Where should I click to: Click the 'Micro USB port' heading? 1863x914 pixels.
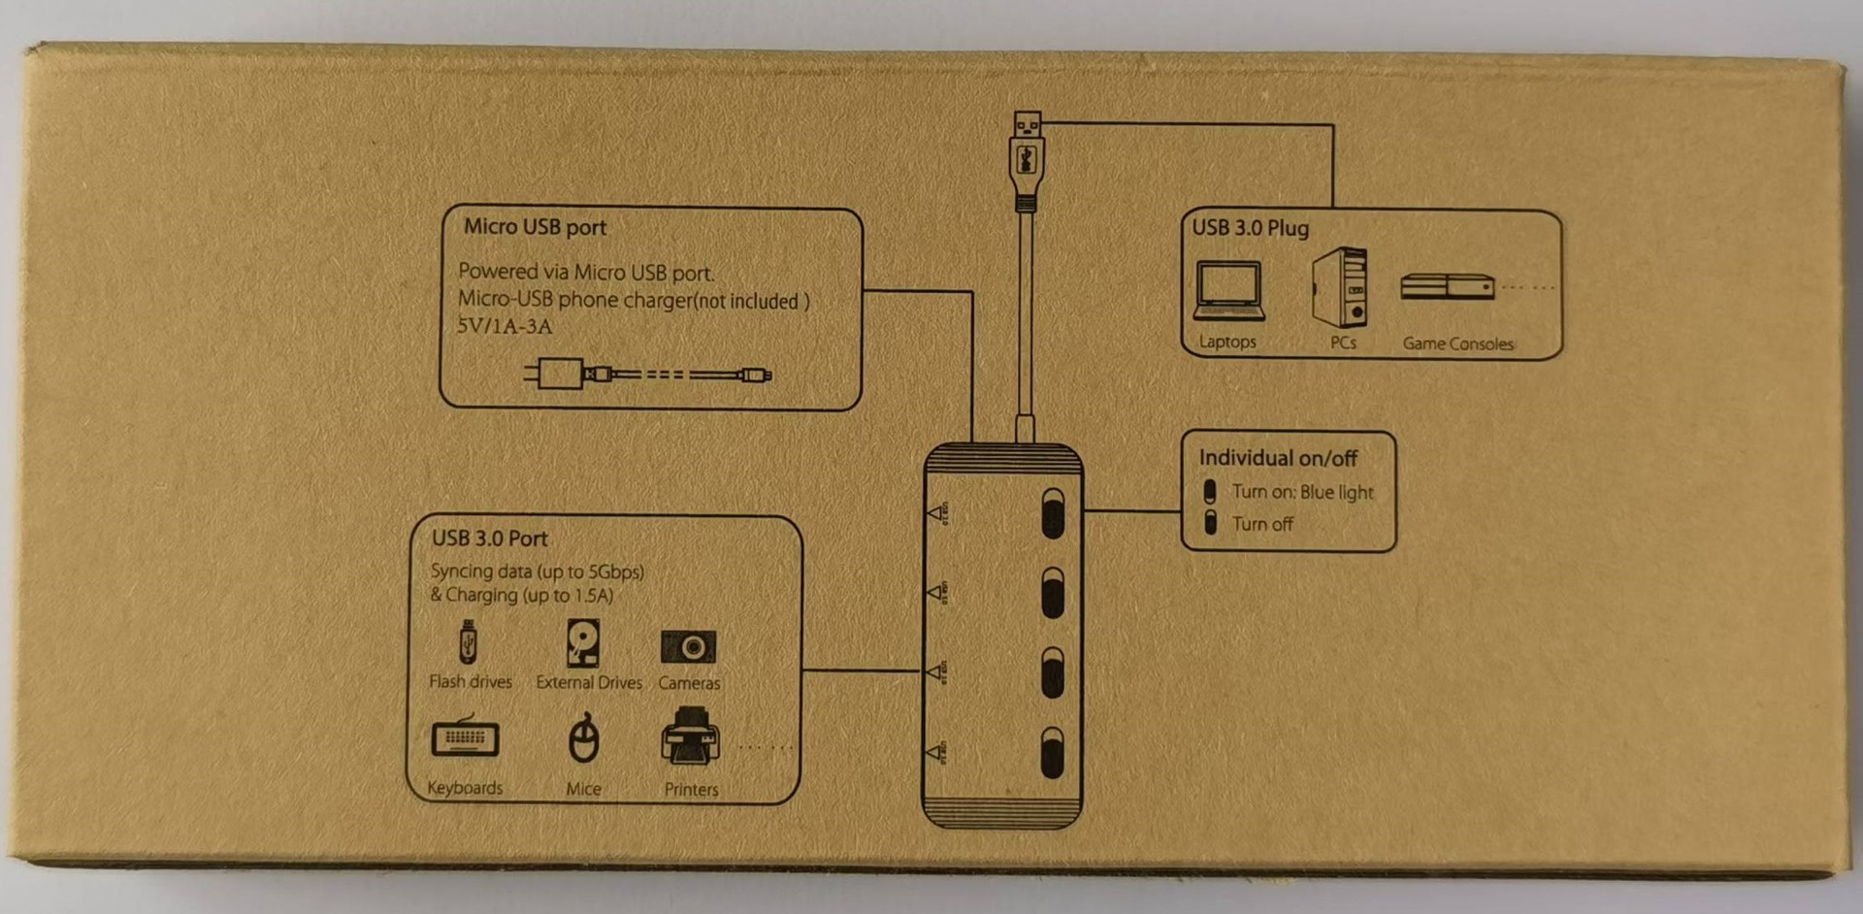click(535, 227)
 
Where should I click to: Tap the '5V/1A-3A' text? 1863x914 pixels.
click(505, 326)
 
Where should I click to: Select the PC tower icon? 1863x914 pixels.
click(1340, 287)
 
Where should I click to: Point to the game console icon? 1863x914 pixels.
click(1447, 287)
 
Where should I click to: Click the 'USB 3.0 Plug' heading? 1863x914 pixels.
click(1250, 228)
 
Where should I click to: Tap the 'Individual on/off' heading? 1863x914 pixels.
click(1278, 458)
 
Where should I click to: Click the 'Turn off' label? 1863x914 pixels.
click(1262, 524)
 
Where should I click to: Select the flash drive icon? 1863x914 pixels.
click(468, 642)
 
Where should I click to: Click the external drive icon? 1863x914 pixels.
click(582, 643)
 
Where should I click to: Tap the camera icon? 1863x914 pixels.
click(688, 646)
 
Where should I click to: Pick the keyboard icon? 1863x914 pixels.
click(466, 738)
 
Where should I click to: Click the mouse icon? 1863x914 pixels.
click(583, 739)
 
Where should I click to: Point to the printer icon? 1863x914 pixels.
click(690, 737)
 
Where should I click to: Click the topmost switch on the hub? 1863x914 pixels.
click(1053, 513)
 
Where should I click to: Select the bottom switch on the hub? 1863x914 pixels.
click(1053, 753)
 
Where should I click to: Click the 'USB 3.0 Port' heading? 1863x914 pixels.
click(489, 539)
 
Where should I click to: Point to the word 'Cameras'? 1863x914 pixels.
click(689, 683)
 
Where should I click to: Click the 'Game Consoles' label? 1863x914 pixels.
click(1457, 343)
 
